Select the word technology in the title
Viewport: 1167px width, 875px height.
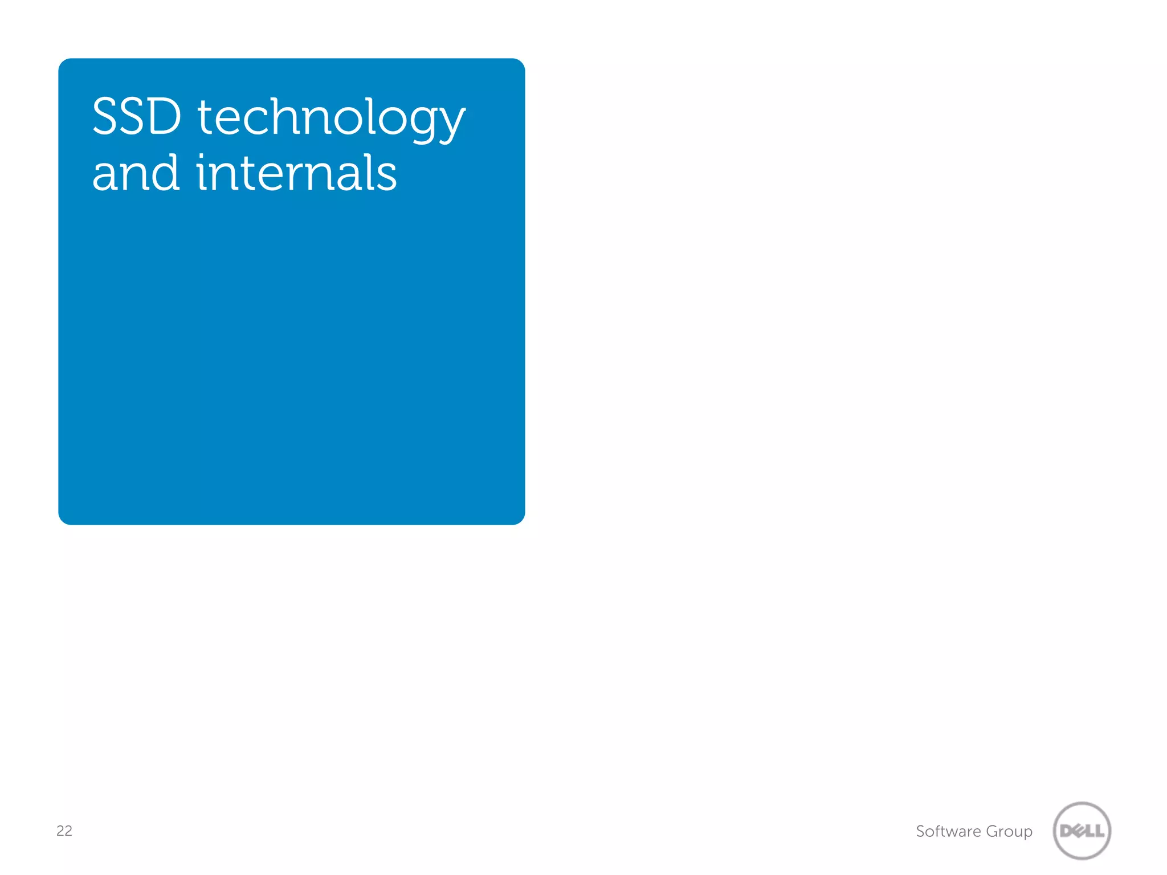(331, 118)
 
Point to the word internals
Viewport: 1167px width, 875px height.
(296, 173)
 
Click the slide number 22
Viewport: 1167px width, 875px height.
(64, 831)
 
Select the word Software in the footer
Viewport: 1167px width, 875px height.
(948, 831)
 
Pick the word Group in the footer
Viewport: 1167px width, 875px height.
(1009, 832)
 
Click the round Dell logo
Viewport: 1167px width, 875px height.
(1082, 831)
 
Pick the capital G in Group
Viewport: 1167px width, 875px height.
(993, 831)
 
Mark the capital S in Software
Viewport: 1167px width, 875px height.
(920, 831)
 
